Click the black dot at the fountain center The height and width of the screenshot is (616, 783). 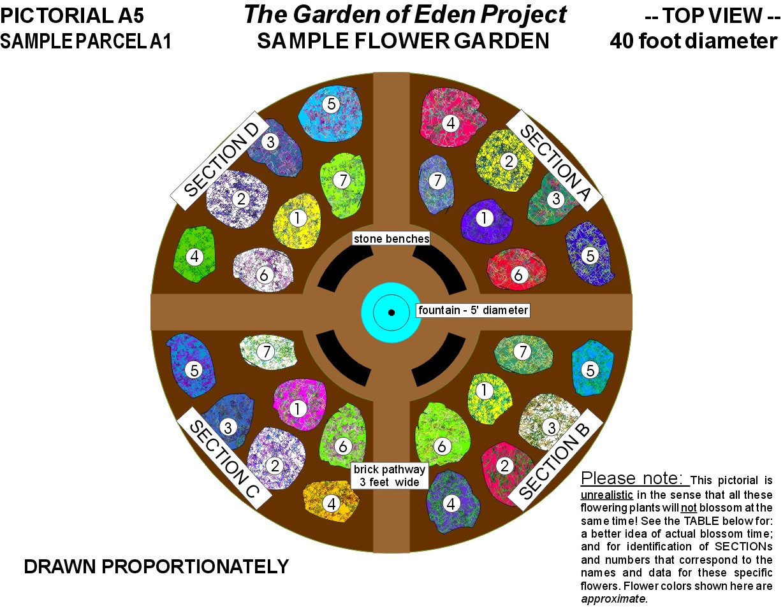pos(391,313)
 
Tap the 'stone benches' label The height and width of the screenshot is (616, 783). pos(391,239)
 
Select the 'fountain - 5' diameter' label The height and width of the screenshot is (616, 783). pos(472,310)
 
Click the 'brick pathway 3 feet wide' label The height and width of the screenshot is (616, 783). pos(390,476)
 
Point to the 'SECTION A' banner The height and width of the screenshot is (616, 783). pos(554,161)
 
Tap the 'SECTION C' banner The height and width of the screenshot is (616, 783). pos(224,458)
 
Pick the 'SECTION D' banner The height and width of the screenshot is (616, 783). pos(221,161)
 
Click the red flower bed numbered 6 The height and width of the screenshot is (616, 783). pos(516,269)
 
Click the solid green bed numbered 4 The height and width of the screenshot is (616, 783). pos(194,255)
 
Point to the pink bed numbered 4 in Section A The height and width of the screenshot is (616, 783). pos(452,117)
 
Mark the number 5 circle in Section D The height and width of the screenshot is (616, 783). pos(331,104)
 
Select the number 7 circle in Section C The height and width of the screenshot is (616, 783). pos(267,352)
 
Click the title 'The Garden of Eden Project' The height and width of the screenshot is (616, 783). pos(405,15)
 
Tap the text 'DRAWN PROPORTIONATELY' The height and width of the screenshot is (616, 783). pos(156,567)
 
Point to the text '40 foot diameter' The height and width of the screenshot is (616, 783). pos(694,41)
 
